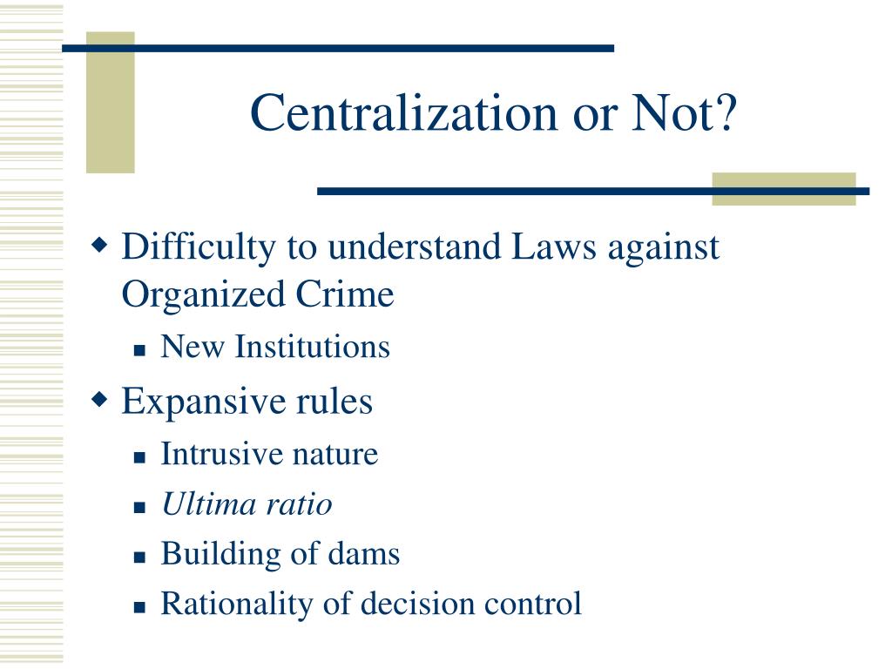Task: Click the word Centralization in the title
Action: click(x=391, y=113)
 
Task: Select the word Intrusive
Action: click(x=212, y=454)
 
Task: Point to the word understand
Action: click(x=411, y=247)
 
